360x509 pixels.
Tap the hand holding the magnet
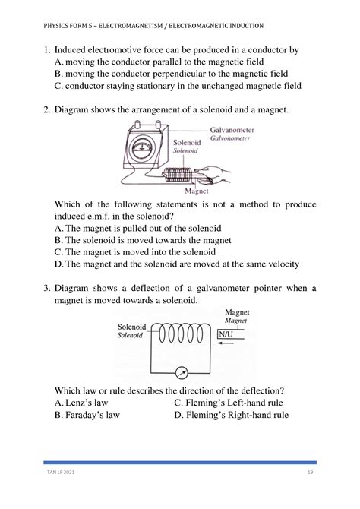[x=213, y=175]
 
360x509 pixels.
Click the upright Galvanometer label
[x=232, y=130]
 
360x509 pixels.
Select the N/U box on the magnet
[x=226, y=334]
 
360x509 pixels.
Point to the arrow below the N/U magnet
[x=226, y=343]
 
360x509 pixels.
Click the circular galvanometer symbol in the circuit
[x=182, y=373]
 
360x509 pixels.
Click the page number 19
[x=310, y=472]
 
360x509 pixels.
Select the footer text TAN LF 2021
[x=61, y=472]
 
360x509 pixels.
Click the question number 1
[x=47, y=50]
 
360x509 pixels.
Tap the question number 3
[x=47, y=288]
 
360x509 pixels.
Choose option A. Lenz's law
[x=81, y=403]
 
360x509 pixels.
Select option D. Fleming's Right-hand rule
[x=231, y=415]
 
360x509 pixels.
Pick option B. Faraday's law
[x=87, y=415]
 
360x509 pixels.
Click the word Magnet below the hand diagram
[x=197, y=191]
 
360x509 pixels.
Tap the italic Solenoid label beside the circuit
[x=130, y=335]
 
